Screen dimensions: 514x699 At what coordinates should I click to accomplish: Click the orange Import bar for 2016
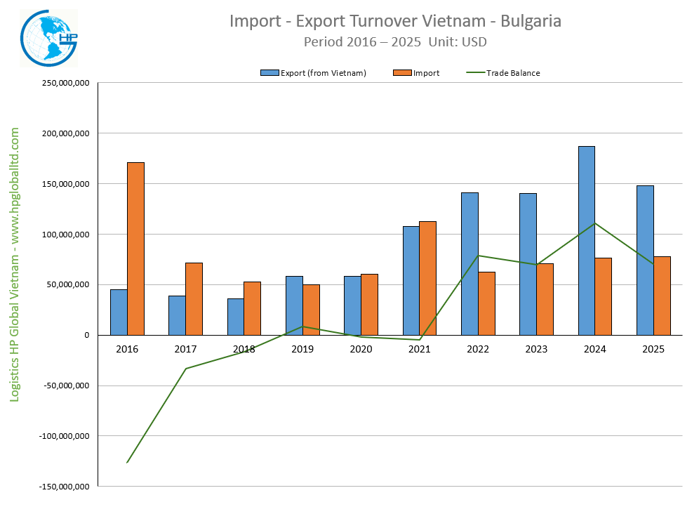click(x=135, y=249)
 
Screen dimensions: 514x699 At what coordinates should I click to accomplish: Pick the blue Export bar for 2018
click(x=235, y=317)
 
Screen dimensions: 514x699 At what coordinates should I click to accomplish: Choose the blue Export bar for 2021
click(x=411, y=280)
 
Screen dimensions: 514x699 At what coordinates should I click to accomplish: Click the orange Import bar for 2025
click(x=662, y=296)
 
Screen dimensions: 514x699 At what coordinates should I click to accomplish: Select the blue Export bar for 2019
click(x=294, y=305)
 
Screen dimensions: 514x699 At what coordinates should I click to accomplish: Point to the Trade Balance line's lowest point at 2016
click(x=127, y=462)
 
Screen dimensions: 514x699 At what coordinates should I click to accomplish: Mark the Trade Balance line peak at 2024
click(x=595, y=223)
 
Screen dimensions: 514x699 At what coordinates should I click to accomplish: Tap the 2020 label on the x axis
click(x=361, y=348)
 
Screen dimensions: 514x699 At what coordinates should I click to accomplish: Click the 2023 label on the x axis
click(x=536, y=348)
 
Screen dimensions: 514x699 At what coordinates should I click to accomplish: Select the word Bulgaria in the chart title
click(x=528, y=21)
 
